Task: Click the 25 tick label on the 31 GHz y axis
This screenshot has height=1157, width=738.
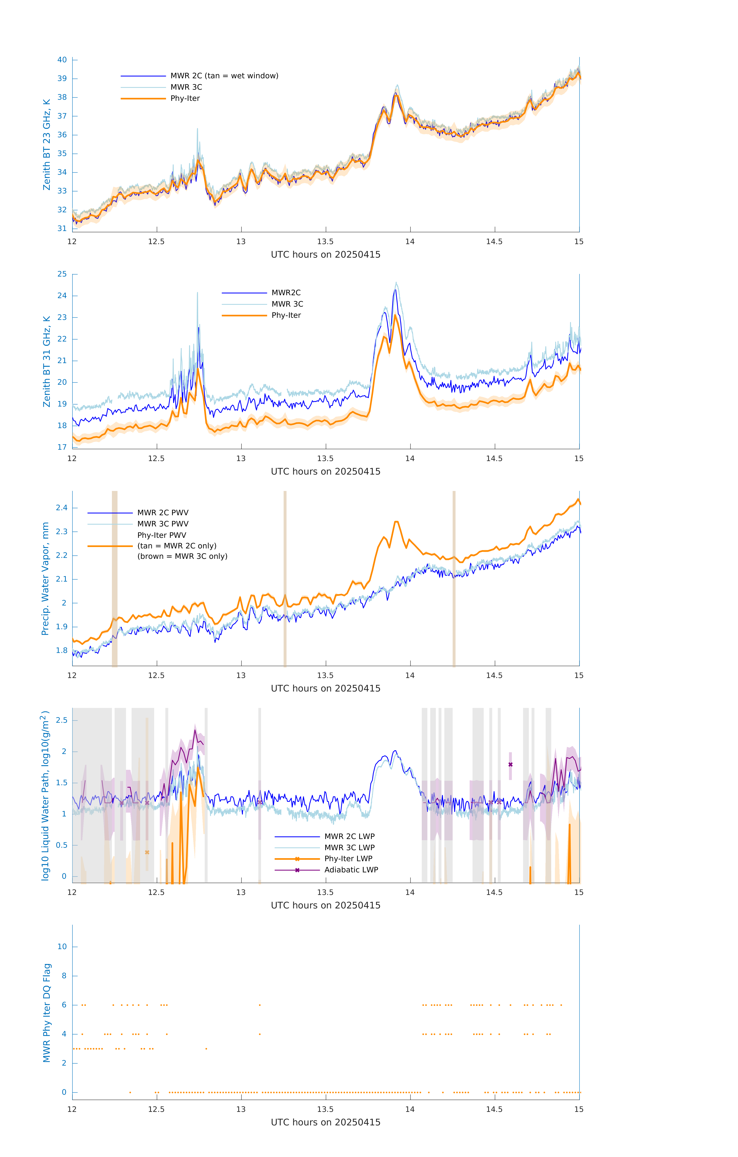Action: (62, 274)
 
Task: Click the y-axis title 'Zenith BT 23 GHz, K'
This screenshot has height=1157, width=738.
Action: (47, 145)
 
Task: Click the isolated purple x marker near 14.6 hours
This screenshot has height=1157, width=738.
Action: (510, 764)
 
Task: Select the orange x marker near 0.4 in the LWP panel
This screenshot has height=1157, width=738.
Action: (147, 852)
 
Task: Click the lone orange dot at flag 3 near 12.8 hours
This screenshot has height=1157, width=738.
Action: (206, 1049)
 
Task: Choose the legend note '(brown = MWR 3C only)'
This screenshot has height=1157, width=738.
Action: (182, 556)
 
